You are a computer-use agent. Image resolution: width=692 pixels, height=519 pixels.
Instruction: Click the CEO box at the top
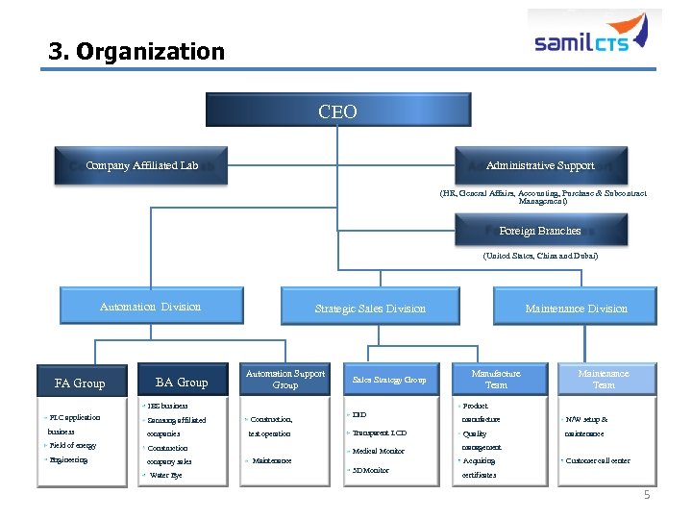pyautogui.click(x=337, y=111)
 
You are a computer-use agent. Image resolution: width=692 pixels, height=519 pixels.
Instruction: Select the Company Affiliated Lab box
pyautogui.click(x=141, y=165)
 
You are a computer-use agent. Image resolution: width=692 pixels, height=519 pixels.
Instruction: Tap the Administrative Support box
pyautogui.click(x=540, y=165)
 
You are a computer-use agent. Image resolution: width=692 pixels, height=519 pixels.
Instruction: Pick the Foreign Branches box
pyautogui.click(x=540, y=231)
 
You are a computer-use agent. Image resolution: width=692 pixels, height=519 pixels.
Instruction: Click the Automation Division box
pyautogui.click(x=150, y=307)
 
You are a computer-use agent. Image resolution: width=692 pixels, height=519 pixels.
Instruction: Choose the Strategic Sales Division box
pyautogui.click(x=370, y=308)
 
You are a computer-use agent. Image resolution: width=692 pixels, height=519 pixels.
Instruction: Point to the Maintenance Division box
pyautogui.click(x=576, y=308)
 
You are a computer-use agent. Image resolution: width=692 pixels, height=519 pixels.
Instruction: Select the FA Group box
pyautogui.click(x=80, y=383)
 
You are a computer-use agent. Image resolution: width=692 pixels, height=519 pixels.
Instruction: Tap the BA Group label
pyautogui.click(x=182, y=383)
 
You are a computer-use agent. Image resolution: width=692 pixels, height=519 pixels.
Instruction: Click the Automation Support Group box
pyautogui.click(x=285, y=379)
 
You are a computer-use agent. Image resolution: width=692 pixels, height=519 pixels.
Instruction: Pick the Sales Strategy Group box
pyautogui.click(x=388, y=380)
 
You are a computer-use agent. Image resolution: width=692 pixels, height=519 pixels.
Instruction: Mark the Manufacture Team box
pyautogui.click(x=496, y=379)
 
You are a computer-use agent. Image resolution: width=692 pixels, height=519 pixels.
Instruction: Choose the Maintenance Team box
pyautogui.click(x=604, y=379)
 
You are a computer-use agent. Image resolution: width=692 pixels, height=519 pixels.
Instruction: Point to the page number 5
pyautogui.click(x=647, y=494)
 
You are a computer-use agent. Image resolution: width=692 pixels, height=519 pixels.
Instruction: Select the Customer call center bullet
pyautogui.click(x=598, y=460)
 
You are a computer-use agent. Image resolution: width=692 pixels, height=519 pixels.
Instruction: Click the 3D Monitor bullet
pyautogui.click(x=370, y=470)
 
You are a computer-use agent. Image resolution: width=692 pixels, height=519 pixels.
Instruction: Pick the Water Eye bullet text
pyautogui.click(x=164, y=475)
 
